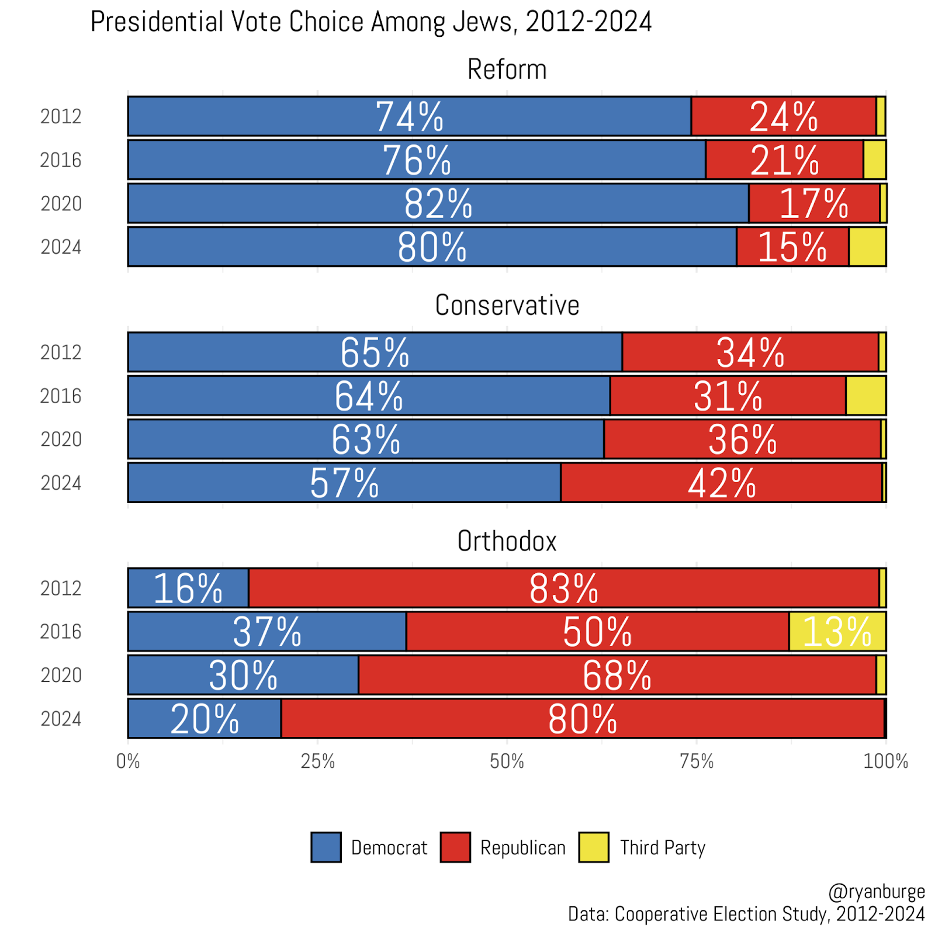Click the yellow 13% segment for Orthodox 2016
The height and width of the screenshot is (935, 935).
pyautogui.click(x=837, y=631)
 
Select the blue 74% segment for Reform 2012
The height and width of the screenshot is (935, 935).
pyautogui.click(x=409, y=116)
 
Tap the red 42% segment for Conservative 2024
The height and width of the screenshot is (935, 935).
pyautogui.click(x=721, y=483)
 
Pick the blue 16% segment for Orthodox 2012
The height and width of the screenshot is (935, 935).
pyautogui.click(x=188, y=588)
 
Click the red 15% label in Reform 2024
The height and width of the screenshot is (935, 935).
pyautogui.click(x=792, y=247)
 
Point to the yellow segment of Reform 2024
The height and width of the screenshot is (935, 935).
pyautogui.click(x=867, y=247)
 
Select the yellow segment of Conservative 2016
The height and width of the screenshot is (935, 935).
pyautogui.click(x=865, y=396)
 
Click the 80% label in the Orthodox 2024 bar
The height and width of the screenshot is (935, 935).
pyautogui.click(x=582, y=719)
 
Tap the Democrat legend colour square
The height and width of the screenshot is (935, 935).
pyautogui.click(x=325, y=847)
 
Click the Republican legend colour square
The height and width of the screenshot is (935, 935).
pyautogui.click(x=455, y=847)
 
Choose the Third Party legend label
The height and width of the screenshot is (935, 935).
pyautogui.click(x=663, y=847)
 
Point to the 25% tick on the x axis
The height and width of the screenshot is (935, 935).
pyautogui.click(x=317, y=761)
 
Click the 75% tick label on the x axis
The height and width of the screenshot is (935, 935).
pyautogui.click(x=697, y=761)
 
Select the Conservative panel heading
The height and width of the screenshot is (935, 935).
pyautogui.click(x=507, y=306)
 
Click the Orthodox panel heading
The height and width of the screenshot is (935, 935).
pyautogui.click(x=507, y=542)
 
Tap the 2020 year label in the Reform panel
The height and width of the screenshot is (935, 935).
pyautogui.click(x=61, y=204)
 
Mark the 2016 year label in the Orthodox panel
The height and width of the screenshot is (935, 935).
pyautogui.click(x=61, y=632)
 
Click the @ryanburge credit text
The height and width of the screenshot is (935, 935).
pyautogui.click(x=877, y=892)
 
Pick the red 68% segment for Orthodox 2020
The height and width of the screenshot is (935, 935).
pyautogui.click(x=617, y=675)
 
